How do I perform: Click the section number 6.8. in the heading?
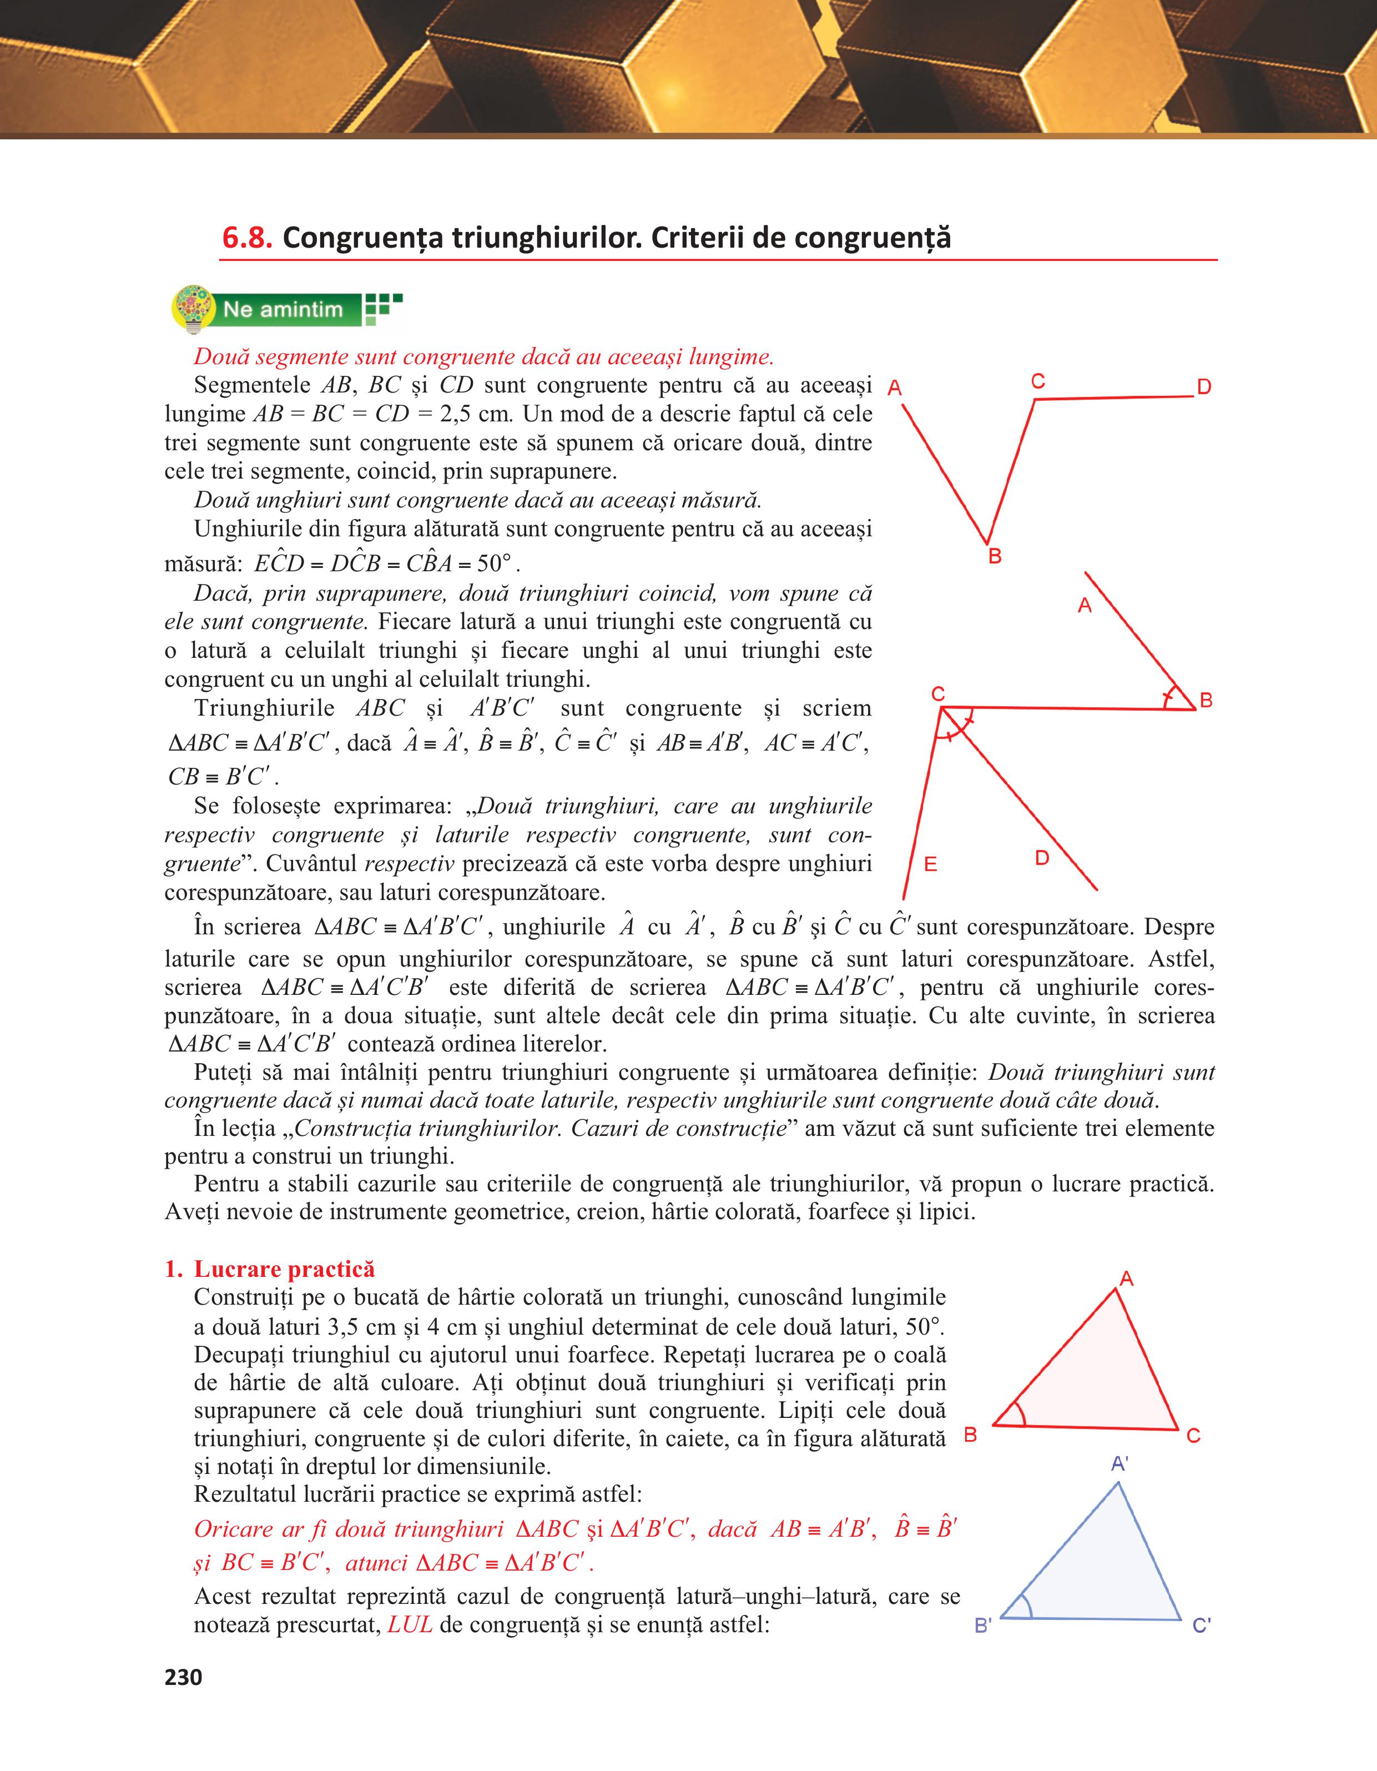[x=247, y=238]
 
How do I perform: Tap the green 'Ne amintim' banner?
[x=283, y=309]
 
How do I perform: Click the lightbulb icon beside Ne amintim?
[x=193, y=309]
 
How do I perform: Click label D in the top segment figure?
[x=1204, y=387]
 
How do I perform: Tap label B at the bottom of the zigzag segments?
[x=995, y=556]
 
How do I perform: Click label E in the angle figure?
[x=930, y=864]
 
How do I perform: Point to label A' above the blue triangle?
[x=1119, y=1463]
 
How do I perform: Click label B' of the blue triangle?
[x=982, y=1626]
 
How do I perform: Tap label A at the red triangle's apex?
[x=1126, y=1280]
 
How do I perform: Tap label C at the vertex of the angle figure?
[x=938, y=694]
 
